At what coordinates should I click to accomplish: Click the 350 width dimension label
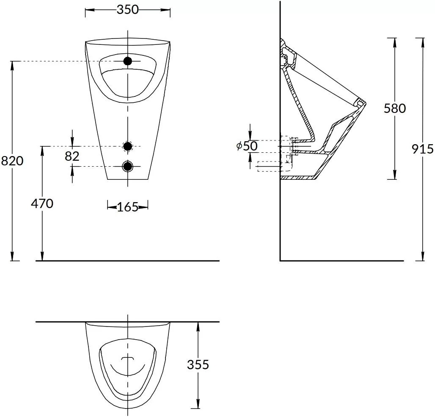127,10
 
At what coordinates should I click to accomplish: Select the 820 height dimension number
12,161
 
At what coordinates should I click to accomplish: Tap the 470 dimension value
42,204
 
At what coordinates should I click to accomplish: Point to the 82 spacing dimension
72,156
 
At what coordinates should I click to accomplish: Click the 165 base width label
128,207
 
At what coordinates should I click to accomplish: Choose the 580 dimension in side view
394,108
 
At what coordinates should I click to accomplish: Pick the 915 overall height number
422,149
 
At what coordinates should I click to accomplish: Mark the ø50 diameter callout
247,146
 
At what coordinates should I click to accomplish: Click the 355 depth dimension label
198,365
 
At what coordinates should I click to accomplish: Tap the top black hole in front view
128,61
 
